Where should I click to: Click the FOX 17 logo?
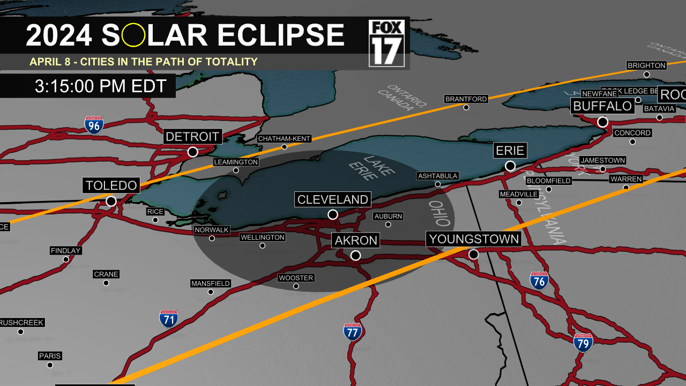point(386,43)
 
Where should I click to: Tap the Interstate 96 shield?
point(94,124)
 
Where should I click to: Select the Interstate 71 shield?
point(169,318)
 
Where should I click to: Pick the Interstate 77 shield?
point(352,332)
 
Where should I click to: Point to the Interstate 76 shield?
point(539,280)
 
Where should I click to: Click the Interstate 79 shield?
point(583,342)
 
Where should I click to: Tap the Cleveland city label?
point(333,200)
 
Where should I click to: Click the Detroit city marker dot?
point(192,152)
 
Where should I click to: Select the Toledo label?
point(111,185)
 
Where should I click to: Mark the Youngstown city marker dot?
point(474,255)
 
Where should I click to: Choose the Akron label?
point(356,240)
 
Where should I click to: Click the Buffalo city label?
point(602,106)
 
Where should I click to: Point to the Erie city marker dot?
point(510,166)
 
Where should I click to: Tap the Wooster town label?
point(296,278)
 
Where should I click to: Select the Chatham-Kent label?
point(284,139)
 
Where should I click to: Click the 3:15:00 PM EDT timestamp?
point(101,86)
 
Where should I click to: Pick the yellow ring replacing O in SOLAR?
point(133,35)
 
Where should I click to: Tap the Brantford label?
point(466,99)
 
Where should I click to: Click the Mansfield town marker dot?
point(211,292)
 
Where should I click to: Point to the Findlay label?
point(66,250)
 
